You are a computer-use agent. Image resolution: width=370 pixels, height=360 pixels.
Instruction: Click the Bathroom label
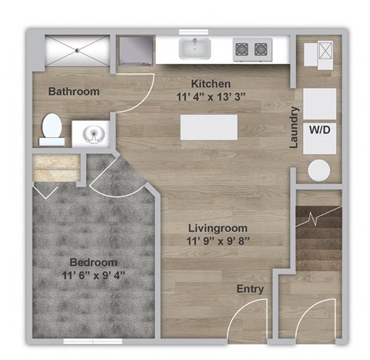(x=74, y=92)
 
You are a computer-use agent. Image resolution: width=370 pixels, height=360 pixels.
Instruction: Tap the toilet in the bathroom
(x=51, y=129)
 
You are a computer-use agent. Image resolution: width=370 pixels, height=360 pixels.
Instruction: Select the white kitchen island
(x=208, y=126)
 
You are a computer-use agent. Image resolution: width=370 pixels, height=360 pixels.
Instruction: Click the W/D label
(x=319, y=130)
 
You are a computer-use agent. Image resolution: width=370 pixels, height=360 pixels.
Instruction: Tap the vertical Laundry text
(x=294, y=127)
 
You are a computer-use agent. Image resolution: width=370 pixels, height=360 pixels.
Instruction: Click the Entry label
(x=251, y=289)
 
